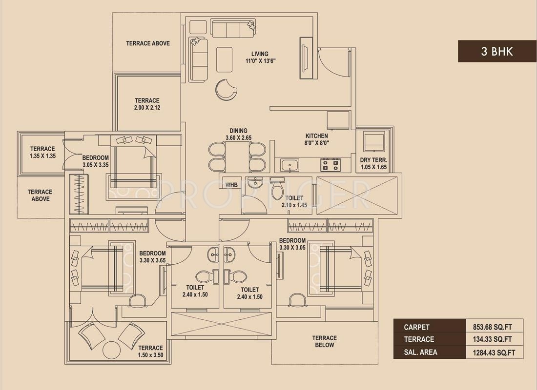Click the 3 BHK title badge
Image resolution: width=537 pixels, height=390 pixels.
point(497,51)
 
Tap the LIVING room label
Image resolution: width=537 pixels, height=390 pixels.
point(260,54)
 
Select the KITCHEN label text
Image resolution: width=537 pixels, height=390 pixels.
point(317,136)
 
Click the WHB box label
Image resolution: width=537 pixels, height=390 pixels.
point(231,185)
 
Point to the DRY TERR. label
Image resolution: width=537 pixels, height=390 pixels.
point(373,160)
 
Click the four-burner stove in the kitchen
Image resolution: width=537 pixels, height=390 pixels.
point(330,165)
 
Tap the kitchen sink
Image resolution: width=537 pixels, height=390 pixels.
point(289,165)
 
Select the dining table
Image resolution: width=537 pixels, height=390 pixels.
point(237,157)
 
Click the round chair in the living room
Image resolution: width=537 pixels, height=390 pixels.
point(226,90)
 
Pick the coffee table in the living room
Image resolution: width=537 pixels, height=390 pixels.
point(225,59)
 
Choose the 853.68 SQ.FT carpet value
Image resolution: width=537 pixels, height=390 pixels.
point(493,327)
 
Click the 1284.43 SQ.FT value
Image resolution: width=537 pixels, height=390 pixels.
point(494,352)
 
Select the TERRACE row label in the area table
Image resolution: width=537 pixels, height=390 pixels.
point(419,339)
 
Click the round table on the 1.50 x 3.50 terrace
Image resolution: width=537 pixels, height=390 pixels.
point(111,350)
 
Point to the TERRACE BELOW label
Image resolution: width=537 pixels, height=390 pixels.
point(324,341)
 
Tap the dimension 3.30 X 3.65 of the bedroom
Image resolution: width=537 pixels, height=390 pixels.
point(152,260)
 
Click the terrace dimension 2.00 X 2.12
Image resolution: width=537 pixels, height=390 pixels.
point(147,107)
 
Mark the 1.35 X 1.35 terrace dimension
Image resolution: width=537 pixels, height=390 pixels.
point(42,156)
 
